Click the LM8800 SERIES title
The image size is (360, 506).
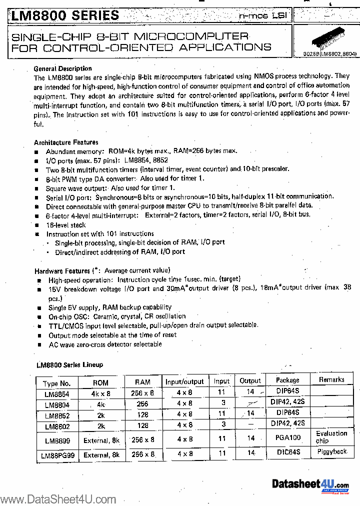tap(65, 15)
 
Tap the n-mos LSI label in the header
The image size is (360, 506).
tap(262, 16)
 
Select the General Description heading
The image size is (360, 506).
tap(62, 68)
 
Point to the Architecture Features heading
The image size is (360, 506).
tap(66, 142)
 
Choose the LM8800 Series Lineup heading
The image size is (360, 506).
tap(69, 365)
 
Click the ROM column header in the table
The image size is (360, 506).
tap(100, 382)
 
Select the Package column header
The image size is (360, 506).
tap(287, 380)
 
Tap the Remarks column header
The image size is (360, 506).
tap(331, 379)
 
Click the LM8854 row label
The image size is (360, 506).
tap(57, 393)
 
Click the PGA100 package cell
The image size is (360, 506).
tap(287, 438)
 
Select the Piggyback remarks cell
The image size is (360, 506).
tap(331, 451)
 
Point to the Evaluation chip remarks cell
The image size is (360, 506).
tap(331, 437)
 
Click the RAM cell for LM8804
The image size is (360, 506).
tap(142, 403)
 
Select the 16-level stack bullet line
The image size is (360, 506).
tap(66, 225)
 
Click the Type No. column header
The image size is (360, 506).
tap(57, 383)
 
